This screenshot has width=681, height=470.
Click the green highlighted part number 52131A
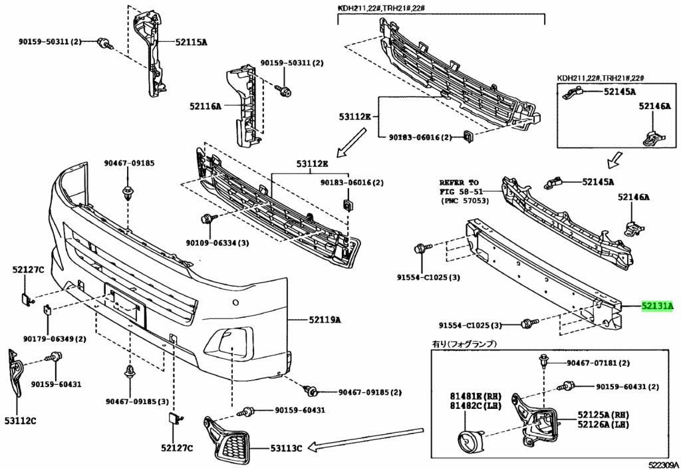[658, 306]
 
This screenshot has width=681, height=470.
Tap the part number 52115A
[190, 42]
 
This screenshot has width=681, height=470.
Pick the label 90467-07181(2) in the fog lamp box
[598, 363]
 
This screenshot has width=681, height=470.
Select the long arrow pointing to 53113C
[366, 439]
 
